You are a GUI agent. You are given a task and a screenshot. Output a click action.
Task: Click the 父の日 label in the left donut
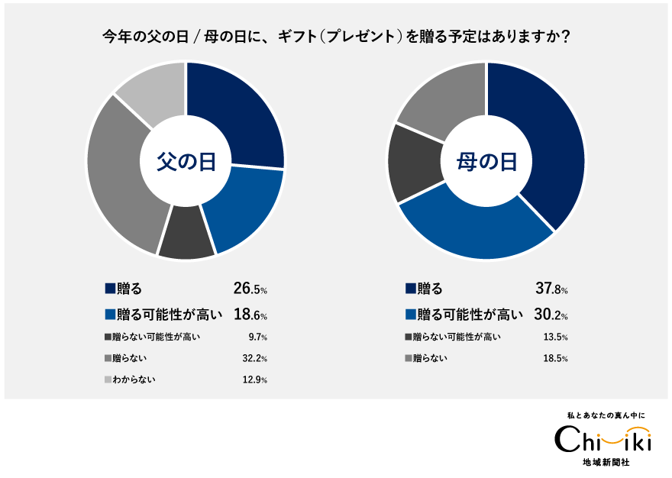[186, 161]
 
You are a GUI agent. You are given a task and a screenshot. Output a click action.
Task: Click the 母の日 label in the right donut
[486, 161]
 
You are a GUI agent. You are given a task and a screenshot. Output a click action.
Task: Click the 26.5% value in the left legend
[250, 289]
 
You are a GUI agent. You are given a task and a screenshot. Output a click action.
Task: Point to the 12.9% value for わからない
[254, 379]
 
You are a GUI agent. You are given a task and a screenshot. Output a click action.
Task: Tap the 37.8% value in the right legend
[551, 289]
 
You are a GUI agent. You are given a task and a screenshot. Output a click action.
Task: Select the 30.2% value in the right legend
[551, 314]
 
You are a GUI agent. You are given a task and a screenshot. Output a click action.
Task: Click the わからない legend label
[136, 379]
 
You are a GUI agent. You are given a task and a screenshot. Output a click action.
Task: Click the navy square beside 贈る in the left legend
[110, 289]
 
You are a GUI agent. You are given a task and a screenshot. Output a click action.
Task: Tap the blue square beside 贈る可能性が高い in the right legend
[411, 314]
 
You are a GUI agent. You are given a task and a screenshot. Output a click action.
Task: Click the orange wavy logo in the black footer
[624, 435]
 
